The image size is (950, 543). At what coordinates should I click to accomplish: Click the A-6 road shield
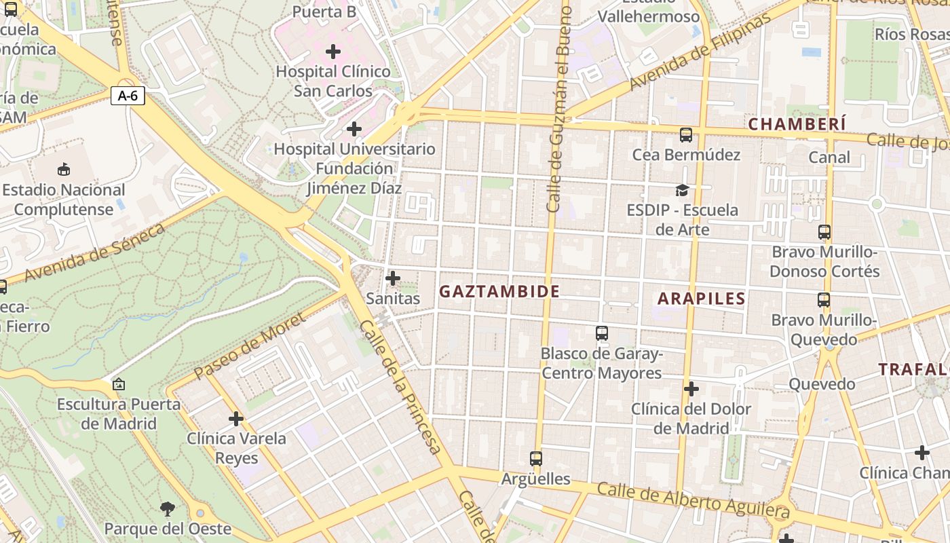pyautogui.click(x=128, y=96)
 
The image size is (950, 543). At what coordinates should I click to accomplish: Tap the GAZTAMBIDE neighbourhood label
pyautogui.click(x=499, y=292)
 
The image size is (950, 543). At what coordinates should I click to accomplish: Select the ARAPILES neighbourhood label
pyautogui.click(x=702, y=299)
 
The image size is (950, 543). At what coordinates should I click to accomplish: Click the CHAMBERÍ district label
pyautogui.click(x=797, y=124)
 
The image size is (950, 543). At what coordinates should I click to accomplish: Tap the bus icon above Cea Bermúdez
pyautogui.click(x=686, y=135)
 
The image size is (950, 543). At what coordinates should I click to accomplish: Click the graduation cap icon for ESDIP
pyautogui.click(x=682, y=191)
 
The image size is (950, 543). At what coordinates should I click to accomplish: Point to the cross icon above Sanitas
pyautogui.click(x=393, y=278)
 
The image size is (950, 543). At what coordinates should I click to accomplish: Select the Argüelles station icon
pyautogui.click(x=536, y=459)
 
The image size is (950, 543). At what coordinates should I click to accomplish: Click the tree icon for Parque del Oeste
pyautogui.click(x=167, y=508)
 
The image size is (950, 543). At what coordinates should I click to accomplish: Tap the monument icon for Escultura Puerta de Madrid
pyautogui.click(x=119, y=385)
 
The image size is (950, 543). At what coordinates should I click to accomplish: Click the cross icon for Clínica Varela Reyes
pyautogui.click(x=236, y=419)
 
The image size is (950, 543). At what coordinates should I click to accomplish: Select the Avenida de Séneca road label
pyautogui.click(x=95, y=253)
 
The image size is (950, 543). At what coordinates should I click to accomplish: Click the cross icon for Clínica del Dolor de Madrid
pyautogui.click(x=691, y=389)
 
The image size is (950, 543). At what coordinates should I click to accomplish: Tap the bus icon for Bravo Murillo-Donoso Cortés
pyautogui.click(x=824, y=232)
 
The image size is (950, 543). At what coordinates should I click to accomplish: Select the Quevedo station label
pyautogui.click(x=822, y=384)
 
